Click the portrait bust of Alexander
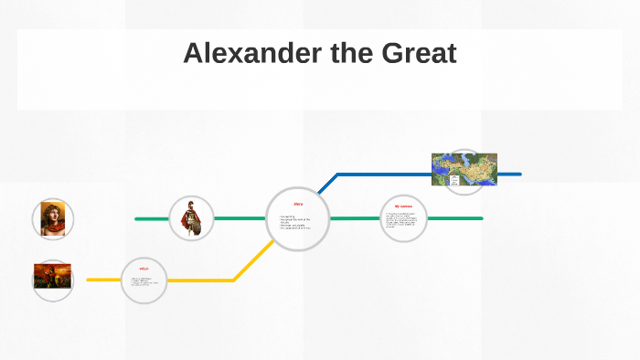52,218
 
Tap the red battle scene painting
52,276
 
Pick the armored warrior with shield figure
192,218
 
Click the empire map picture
464,169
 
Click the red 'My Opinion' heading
403,206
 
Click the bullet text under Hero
295,222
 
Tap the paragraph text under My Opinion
402,222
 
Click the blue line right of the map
509,174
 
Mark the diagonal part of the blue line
326,184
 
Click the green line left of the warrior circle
152,218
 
